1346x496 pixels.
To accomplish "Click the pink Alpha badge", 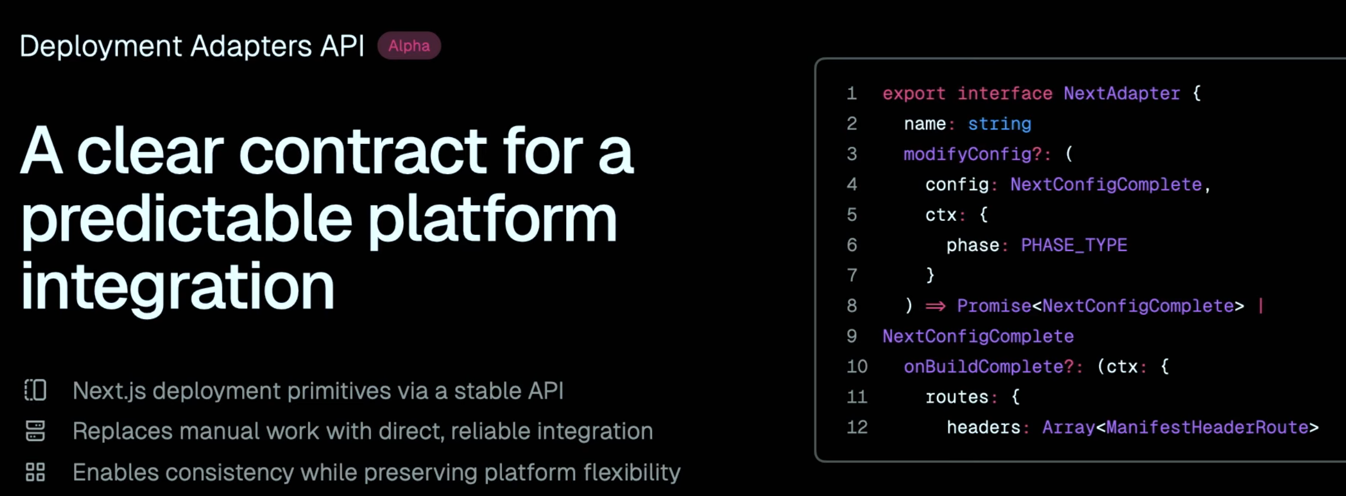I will tap(409, 46).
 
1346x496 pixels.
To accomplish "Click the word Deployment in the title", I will tap(100, 46).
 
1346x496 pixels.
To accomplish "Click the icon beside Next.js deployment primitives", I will tap(35, 390).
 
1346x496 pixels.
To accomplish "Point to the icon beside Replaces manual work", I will tap(35, 431).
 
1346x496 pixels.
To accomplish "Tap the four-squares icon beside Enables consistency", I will tap(35, 472).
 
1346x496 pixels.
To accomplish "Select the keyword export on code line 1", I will tap(914, 93).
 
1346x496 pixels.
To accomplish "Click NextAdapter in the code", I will tap(1121, 93).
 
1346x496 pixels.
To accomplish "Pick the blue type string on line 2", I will tap(999, 124).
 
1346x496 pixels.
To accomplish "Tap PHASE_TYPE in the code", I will tap(1074, 245).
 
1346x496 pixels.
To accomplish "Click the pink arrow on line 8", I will tap(935, 306).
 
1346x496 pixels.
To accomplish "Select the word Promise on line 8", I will tap(993, 306).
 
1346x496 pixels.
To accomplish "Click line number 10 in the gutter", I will tap(857, 367).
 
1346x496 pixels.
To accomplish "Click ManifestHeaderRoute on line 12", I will tap(1207, 427).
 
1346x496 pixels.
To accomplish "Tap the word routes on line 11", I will tap(957, 397).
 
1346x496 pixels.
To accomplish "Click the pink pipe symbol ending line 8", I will tap(1261, 306).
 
